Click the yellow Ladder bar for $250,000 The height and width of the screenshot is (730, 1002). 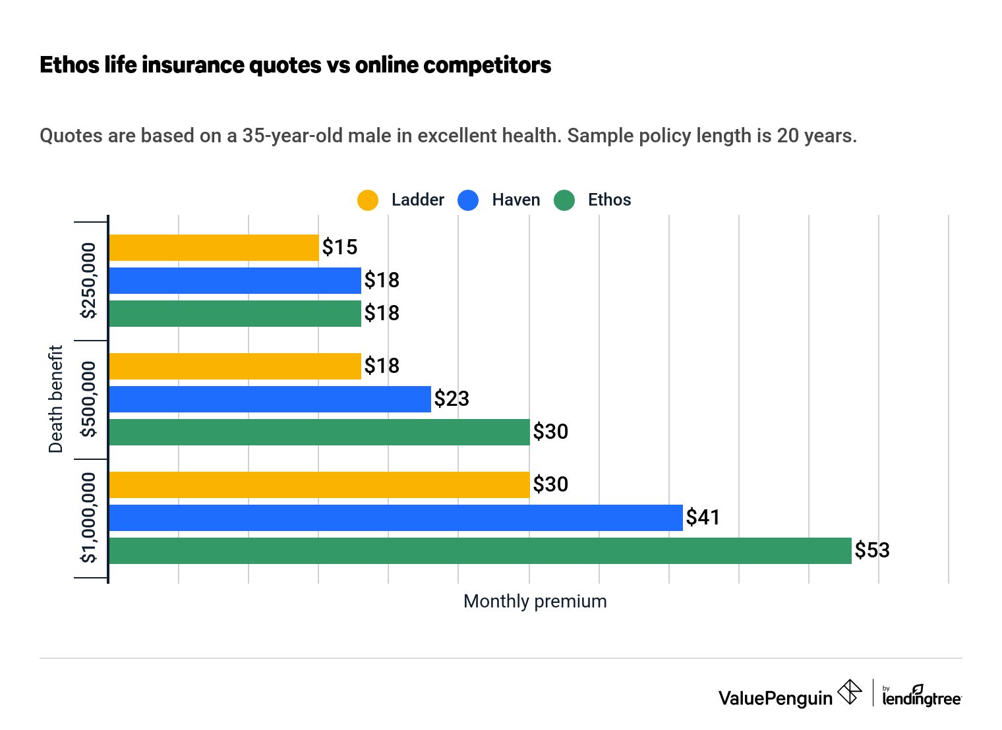[214, 248]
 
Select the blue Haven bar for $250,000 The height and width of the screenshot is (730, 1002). [235, 281]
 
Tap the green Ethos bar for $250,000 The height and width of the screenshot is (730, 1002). [235, 314]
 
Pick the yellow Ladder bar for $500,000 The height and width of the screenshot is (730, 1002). [235, 366]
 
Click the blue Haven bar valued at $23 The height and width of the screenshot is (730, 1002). [270, 399]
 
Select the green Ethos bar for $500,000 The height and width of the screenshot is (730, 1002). [319, 432]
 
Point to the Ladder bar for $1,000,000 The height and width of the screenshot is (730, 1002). [319, 485]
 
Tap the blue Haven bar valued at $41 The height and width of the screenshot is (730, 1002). [396, 518]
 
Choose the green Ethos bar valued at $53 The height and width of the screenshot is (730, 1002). [480, 551]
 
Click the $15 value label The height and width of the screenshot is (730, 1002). [339, 248]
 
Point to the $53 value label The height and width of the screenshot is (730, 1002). [872, 551]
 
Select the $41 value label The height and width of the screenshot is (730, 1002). [703, 518]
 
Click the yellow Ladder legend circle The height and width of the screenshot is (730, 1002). [368, 200]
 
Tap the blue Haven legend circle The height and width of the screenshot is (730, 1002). [468, 200]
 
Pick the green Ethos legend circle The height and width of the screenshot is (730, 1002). [564, 200]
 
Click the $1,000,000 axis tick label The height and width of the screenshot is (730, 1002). [88, 518]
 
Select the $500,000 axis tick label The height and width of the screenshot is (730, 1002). [88, 399]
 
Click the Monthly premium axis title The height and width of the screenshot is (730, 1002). [535, 602]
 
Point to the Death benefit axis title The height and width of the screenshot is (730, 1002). [56, 399]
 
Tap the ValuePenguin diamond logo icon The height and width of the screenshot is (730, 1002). [849, 692]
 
